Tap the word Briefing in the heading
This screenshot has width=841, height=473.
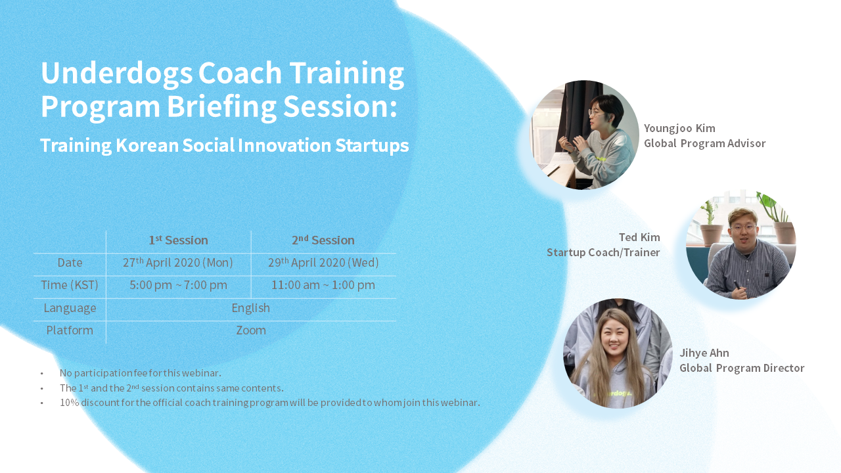pos(221,107)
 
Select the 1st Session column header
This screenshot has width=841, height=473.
pos(178,240)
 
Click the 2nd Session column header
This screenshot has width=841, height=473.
pos(323,240)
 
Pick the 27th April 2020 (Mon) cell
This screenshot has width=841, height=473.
pos(178,262)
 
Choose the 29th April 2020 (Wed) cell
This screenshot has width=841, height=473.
pos(323,262)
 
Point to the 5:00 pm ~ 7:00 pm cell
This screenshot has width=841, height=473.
pos(178,285)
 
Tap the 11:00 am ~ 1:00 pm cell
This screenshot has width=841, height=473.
pos(323,285)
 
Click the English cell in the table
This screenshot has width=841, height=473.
pos(251,308)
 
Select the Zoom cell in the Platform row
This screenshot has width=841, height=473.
pos(251,330)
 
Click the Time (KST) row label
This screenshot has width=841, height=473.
pos(70,285)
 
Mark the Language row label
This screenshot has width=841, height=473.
pos(70,308)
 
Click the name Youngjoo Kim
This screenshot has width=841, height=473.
pos(679,128)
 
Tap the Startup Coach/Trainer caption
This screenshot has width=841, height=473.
pos(603,252)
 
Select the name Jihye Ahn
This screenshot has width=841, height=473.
pos(704,353)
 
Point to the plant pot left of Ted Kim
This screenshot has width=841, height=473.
pos(712,235)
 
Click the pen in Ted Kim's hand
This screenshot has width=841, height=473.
pos(738,285)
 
